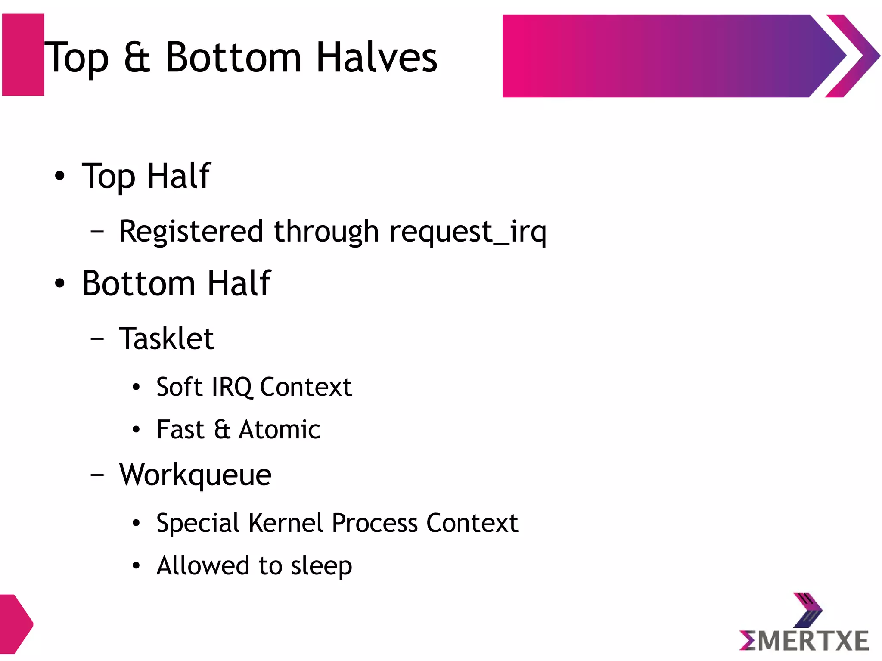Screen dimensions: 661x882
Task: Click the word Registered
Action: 191,232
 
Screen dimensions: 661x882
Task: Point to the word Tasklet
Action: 167,339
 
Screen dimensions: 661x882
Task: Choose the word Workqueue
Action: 195,475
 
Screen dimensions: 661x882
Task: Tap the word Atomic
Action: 280,430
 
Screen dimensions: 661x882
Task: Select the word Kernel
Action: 286,523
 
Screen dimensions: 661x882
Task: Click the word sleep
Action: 321,566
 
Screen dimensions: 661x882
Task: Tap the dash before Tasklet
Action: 97,339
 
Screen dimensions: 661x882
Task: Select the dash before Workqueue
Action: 97,475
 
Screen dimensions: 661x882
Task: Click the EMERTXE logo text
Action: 804,640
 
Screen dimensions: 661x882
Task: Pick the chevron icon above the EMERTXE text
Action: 807,610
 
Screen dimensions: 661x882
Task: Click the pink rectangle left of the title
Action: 23,55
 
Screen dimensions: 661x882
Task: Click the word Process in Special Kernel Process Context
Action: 375,523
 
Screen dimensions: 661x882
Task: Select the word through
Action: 326,232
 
